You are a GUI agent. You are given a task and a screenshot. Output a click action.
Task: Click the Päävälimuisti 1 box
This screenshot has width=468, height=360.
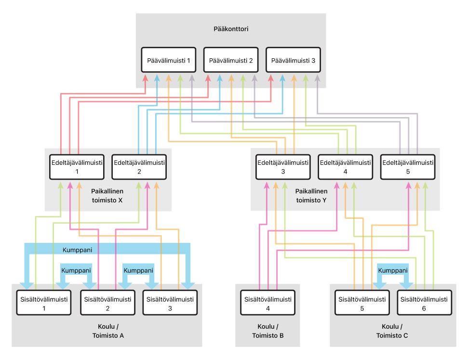[x=169, y=60]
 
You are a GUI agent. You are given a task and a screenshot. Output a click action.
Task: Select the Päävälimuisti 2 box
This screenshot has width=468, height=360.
[x=231, y=60]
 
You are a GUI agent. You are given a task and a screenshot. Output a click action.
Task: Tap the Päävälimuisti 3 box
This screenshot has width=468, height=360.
[x=293, y=60]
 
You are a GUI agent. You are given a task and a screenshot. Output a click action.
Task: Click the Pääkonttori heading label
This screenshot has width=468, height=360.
[x=231, y=29]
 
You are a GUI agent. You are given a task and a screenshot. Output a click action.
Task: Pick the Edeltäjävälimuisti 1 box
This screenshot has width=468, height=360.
[x=77, y=167]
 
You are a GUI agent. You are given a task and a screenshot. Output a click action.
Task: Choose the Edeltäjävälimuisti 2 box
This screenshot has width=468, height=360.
[x=139, y=167]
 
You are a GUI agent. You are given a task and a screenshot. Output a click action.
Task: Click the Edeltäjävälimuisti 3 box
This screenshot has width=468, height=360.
[x=283, y=167]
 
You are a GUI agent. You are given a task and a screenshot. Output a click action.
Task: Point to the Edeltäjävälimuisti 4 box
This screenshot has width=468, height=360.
[x=345, y=167]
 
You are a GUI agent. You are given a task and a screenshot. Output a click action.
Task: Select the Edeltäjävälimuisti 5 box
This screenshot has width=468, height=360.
[x=408, y=167]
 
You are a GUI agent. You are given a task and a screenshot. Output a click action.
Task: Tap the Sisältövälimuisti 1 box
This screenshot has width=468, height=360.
[x=44, y=303]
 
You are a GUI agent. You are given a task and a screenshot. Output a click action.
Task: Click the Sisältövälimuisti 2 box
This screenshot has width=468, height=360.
[x=108, y=303]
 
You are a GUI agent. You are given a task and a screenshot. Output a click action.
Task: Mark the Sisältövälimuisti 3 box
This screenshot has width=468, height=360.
[x=170, y=303]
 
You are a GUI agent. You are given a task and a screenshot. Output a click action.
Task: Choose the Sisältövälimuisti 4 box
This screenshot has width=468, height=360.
[x=267, y=303]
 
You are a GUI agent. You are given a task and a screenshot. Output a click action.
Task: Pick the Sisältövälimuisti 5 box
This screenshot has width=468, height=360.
[x=362, y=303]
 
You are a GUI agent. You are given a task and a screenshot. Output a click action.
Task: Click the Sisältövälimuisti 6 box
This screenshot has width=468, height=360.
[x=424, y=303]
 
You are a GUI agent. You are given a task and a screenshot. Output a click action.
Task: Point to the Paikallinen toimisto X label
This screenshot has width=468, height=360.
[x=107, y=196]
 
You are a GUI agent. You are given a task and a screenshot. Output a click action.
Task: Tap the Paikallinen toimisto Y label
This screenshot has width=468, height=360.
[x=311, y=196]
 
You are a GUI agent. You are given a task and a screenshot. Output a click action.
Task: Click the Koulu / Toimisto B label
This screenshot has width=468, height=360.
[x=267, y=331]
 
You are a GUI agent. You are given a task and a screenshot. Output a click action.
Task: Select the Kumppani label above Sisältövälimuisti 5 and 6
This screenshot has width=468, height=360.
[x=393, y=270]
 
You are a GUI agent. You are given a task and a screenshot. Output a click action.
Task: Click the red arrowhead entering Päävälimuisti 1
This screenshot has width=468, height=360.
[x=146, y=78]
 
